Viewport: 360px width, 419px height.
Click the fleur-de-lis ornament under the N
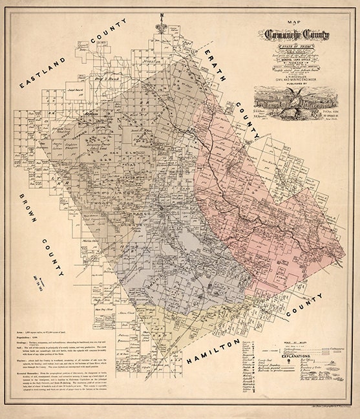point(167,28)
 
